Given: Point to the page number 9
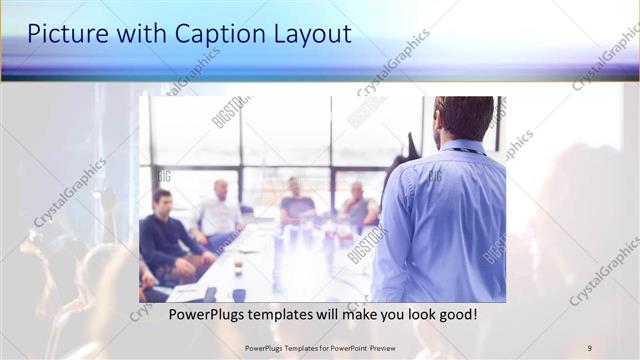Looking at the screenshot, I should (589, 347).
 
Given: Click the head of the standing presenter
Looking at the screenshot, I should (465, 116).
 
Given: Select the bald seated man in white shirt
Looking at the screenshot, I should (220, 210).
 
